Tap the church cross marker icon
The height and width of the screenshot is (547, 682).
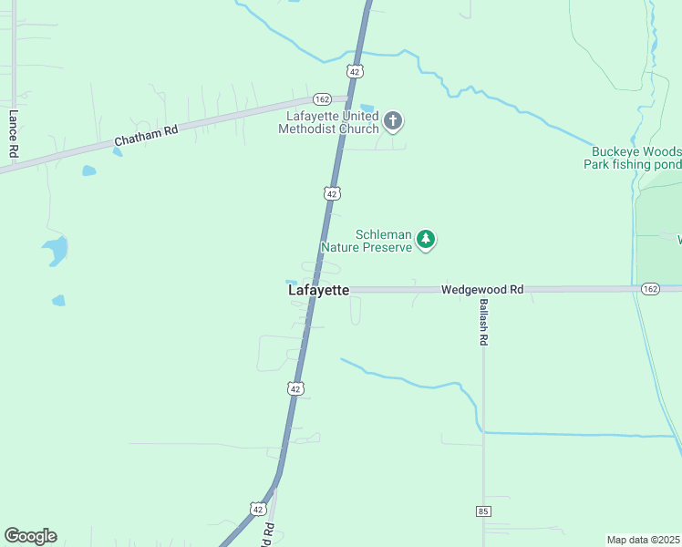[x=393, y=120]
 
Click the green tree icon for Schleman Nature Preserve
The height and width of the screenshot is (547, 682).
[x=425, y=239]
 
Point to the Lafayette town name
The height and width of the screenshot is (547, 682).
[x=318, y=290]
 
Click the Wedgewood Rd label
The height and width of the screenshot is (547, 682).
[x=482, y=289]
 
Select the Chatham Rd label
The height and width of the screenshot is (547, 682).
[x=146, y=136]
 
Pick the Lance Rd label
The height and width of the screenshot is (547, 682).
[x=14, y=134]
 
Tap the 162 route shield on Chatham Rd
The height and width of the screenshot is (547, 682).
[x=321, y=98]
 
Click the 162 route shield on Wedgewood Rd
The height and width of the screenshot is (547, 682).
[x=649, y=288]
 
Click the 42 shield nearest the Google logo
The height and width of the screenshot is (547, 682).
[x=258, y=510]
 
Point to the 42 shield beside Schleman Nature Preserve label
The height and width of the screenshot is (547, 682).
[x=332, y=193]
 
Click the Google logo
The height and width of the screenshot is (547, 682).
[x=30, y=536]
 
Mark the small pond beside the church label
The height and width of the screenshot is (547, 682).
[x=367, y=108]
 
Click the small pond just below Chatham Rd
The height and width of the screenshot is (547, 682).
[x=88, y=170]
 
